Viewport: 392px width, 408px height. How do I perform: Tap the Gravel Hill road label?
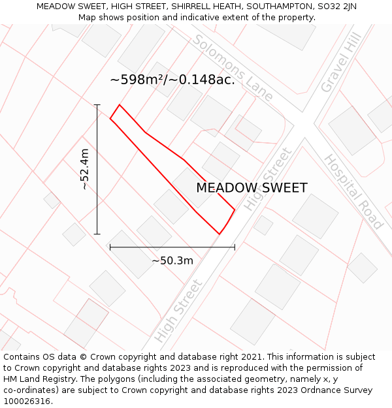coord(341,64)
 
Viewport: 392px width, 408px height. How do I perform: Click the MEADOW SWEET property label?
coord(252,188)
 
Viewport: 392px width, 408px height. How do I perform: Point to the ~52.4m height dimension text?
coord(85,170)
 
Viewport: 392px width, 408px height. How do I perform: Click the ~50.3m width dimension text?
coord(172,260)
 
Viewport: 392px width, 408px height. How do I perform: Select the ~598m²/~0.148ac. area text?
coord(172,80)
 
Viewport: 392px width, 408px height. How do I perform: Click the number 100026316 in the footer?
coord(27,401)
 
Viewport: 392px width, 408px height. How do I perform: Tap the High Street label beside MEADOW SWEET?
coord(267,179)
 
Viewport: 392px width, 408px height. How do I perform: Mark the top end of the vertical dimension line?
coord(97,104)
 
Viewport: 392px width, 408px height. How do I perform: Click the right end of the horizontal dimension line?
coord(235,247)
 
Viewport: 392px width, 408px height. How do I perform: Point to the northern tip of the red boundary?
coord(119,104)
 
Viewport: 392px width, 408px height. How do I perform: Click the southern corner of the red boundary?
coord(219,233)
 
